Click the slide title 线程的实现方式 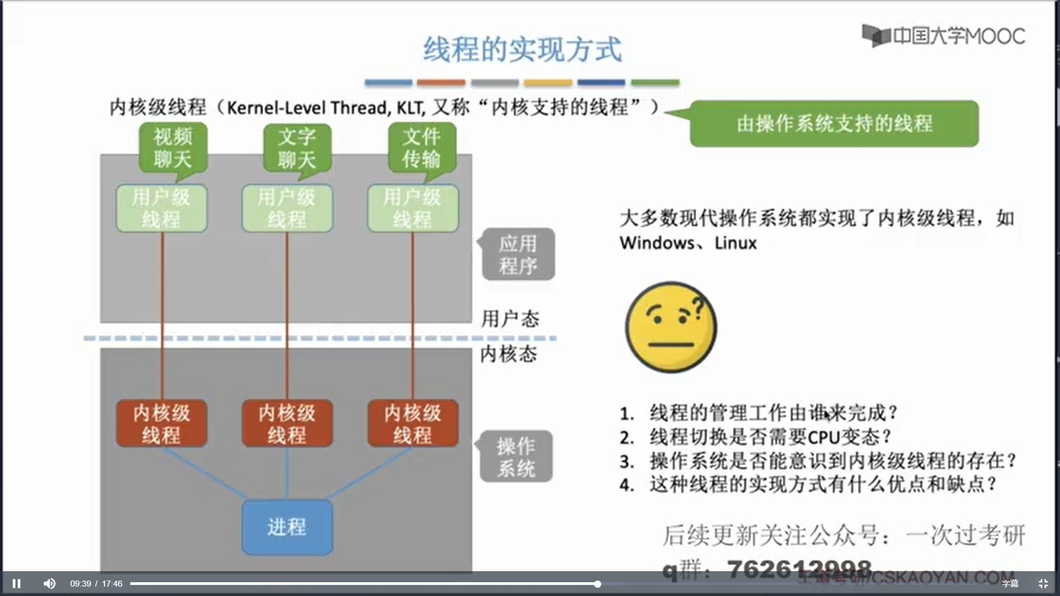pos(522,50)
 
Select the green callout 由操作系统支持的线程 pos(834,124)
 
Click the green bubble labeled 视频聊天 pos(173,148)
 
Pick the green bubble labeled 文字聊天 pos(297,148)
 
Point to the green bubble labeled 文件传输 pos(422,148)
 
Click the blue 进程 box pos(287,527)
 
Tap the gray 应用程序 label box pos(518,254)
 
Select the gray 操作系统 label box pos(516,457)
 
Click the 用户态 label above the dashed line pos(510,319)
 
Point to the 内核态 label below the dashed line pos(508,354)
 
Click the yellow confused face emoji pos(671,327)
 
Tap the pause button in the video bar pos(17,583)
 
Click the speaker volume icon pos(49,583)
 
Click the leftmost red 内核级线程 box pos(161,423)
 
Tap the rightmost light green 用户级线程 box pos(412,208)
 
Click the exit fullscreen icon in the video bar pos(1043,583)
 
